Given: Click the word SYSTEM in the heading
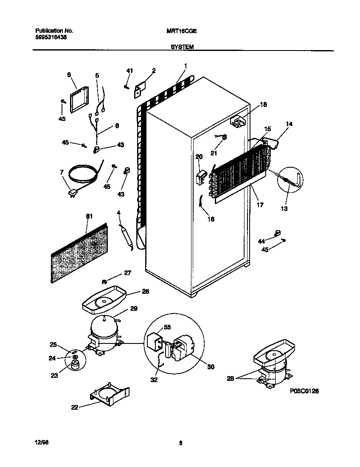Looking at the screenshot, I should pos(182,48).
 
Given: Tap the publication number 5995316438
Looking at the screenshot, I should pos(51,37).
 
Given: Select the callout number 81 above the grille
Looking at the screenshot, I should pos(89,217).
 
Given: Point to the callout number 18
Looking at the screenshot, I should pos(263,104).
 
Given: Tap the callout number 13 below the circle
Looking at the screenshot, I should pos(284,208).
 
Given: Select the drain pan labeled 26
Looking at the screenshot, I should pos(104,300).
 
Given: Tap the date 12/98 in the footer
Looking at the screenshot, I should pos(40,443).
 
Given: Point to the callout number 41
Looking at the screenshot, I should pos(129,70).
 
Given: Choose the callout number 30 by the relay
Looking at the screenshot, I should pos(210,367).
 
